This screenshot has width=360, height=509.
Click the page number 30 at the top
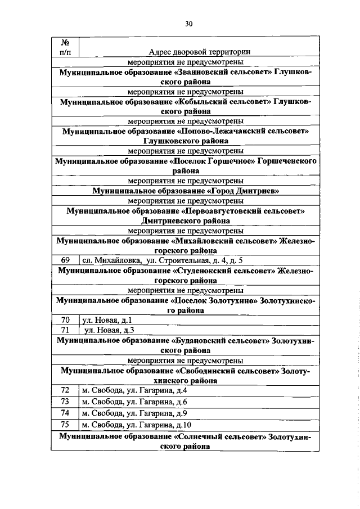pyautogui.click(x=189, y=23)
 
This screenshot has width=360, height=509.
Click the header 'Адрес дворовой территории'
pyautogui.click(x=200, y=52)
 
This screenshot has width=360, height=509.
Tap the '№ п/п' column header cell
pyautogui.click(x=65, y=47)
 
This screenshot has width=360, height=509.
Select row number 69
pyautogui.click(x=65, y=260)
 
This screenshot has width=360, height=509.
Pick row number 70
pyautogui.click(x=65, y=320)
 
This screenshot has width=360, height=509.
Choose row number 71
pyautogui.click(x=65, y=330)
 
